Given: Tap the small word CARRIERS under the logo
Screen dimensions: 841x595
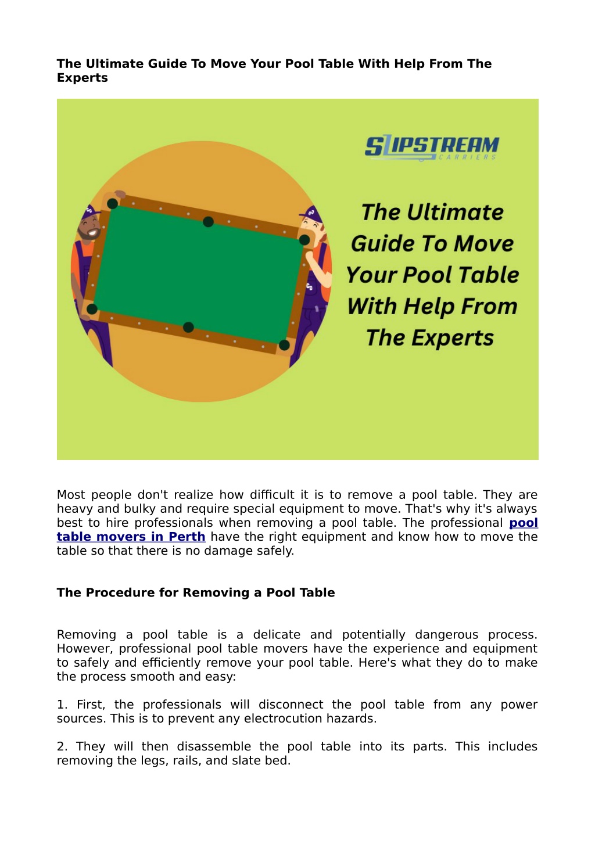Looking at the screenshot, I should (468, 157).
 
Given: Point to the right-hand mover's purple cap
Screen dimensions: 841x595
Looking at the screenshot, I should (312, 214).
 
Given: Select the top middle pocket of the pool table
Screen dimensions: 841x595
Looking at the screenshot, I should (208, 221).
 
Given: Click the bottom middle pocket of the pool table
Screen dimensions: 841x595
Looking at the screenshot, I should (188, 327).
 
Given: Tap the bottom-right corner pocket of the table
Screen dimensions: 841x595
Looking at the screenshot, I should (284, 345).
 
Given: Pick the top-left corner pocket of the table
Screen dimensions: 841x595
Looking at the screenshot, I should (113, 203).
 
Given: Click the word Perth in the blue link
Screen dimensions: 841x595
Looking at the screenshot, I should (187, 537).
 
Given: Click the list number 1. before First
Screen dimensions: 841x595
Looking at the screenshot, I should (62, 705).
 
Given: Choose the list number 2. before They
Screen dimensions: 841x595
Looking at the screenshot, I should (62, 746).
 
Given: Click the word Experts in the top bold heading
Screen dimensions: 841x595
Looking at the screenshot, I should (82, 78).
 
